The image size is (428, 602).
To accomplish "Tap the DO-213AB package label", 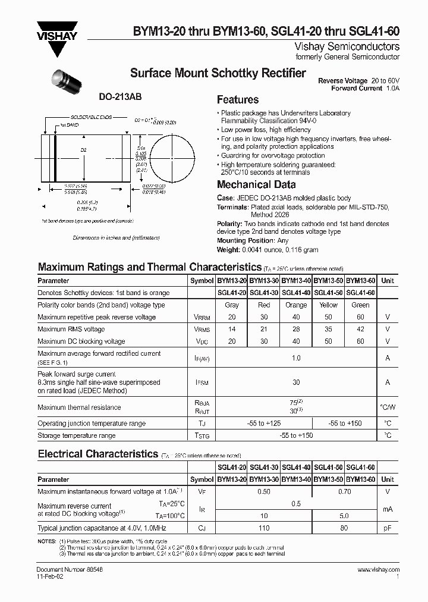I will pos(116,96).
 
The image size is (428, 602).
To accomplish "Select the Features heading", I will pos(237,100).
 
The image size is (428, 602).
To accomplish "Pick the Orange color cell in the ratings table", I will pos(296,305).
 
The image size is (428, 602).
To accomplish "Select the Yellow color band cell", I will pos(328,305).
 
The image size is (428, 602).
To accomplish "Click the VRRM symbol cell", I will pos(202,317).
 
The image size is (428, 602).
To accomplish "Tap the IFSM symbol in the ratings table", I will pos(202,383).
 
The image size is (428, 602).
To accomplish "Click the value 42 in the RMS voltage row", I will pos(360,329).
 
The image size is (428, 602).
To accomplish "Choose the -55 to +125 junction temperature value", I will pos(263,424).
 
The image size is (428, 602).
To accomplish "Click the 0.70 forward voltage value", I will pos(344,491).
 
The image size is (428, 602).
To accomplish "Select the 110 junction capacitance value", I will pos(264,528).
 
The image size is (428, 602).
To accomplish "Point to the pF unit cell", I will pos(388,528).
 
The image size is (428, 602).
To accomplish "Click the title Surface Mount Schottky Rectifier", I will pos(218,73).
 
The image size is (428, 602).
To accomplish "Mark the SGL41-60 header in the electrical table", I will pos(360,467).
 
